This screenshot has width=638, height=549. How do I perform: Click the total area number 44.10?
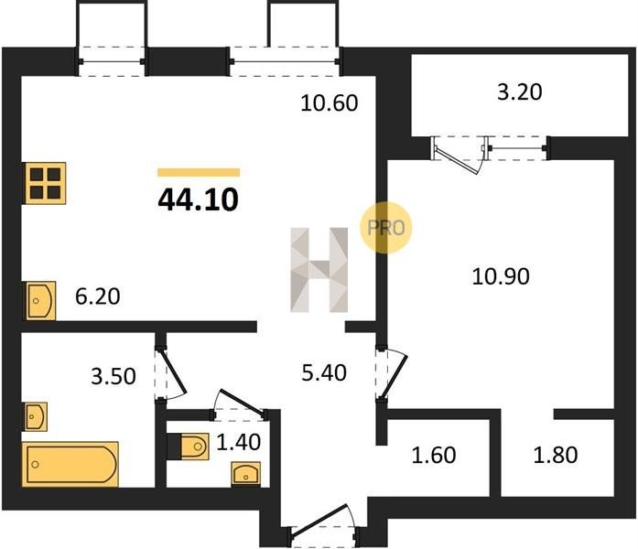pos(198,200)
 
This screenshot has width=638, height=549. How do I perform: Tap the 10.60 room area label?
pos(330,102)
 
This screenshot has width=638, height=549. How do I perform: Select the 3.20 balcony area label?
pos(520,91)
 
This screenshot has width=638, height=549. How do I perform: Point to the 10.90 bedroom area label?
pos(501,276)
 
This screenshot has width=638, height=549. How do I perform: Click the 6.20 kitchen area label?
pos(98,296)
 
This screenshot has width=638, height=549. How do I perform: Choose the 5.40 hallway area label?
pos(324,372)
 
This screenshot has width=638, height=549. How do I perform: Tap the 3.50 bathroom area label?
pos(114,377)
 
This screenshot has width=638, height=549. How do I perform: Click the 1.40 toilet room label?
pos(238,442)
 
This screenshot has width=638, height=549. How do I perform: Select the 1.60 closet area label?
pos(434,455)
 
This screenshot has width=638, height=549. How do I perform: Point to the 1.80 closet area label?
pos(556,455)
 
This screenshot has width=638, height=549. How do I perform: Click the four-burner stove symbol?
pos(45,183)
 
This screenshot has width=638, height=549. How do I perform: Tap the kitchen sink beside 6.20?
pos(40,300)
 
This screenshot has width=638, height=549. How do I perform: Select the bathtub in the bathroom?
pos(70,464)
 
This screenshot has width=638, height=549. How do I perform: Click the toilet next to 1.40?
pos(188,447)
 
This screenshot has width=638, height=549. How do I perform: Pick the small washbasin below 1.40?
pos(245,473)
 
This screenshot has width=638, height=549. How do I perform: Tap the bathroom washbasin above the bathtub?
pos(36,417)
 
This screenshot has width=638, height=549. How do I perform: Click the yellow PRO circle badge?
pos(385,228)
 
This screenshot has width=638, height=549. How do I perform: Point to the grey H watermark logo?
pos(319,270)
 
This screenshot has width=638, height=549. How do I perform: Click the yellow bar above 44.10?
pos(199,172)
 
